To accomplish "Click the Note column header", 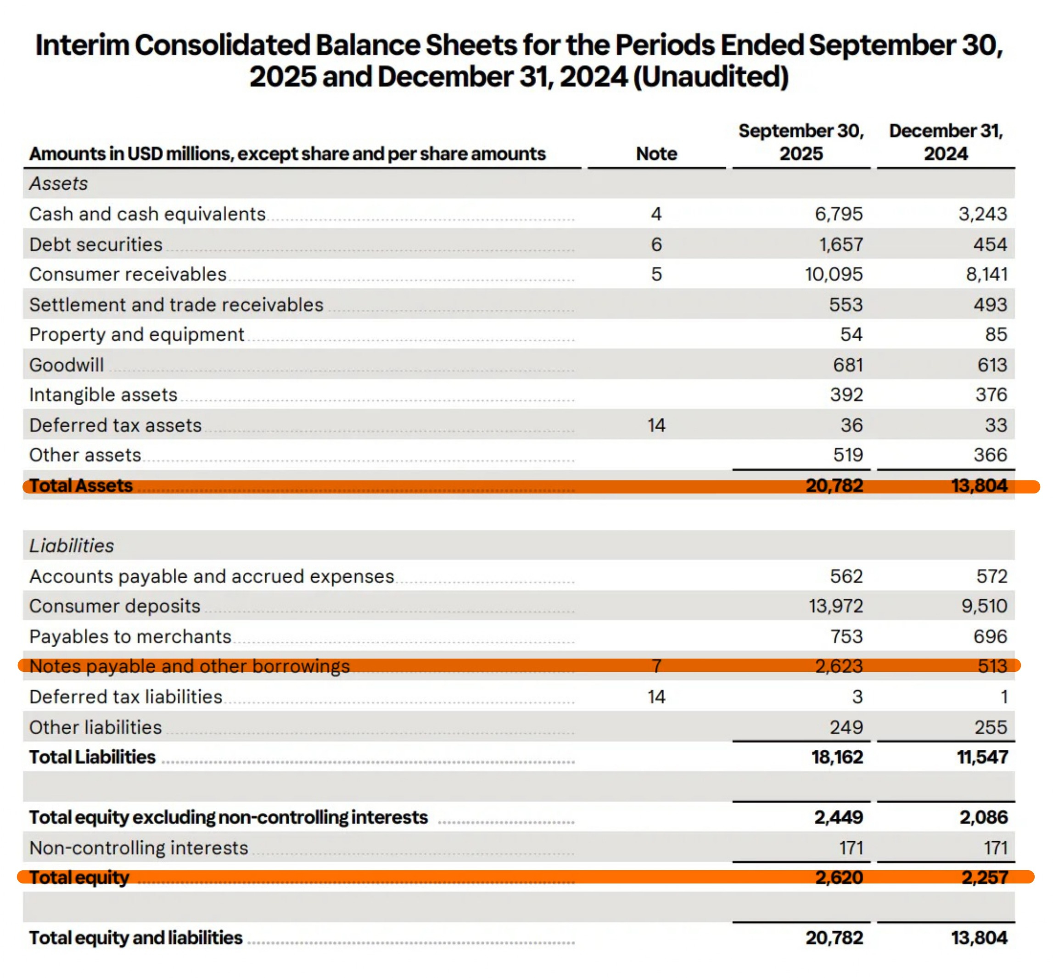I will pos(656,153).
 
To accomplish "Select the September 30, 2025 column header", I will pos(801,142).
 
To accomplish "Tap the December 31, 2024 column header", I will pos(946,142).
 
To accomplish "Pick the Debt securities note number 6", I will pos(656,245).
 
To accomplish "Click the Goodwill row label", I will pos(66,365).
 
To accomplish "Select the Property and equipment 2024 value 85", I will pos(995,335).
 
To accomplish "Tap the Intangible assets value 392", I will pos(846,395).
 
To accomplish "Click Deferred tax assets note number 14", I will pos(656,425).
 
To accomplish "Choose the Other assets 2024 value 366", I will pos(990,455).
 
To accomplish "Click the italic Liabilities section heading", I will pos(72,546).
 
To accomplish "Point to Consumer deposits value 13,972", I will pos(835,606).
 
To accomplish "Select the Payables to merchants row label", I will pos(130,636).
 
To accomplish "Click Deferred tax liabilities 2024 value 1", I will pos(1003,697).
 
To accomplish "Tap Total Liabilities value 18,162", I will pos(837,757).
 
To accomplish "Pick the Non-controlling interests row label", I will pos(139,848).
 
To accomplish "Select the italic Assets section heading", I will pos(58,184).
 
